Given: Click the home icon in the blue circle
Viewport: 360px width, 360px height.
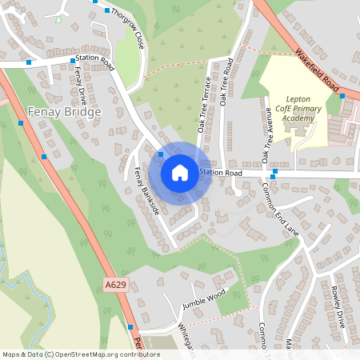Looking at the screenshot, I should (x=180, y=172).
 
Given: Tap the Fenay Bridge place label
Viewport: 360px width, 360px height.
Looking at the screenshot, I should (x=64, y=112).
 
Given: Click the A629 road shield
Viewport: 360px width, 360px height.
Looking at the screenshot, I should (x=115, y=284).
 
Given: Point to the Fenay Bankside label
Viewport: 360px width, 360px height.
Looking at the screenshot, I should (x=146, y=192).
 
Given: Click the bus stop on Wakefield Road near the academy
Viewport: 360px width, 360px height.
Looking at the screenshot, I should (x=342, y=96).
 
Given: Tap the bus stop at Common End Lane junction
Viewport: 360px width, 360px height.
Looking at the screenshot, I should (x=274, y=171).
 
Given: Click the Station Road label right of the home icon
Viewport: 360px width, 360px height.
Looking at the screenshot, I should (x=220, y=172).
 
